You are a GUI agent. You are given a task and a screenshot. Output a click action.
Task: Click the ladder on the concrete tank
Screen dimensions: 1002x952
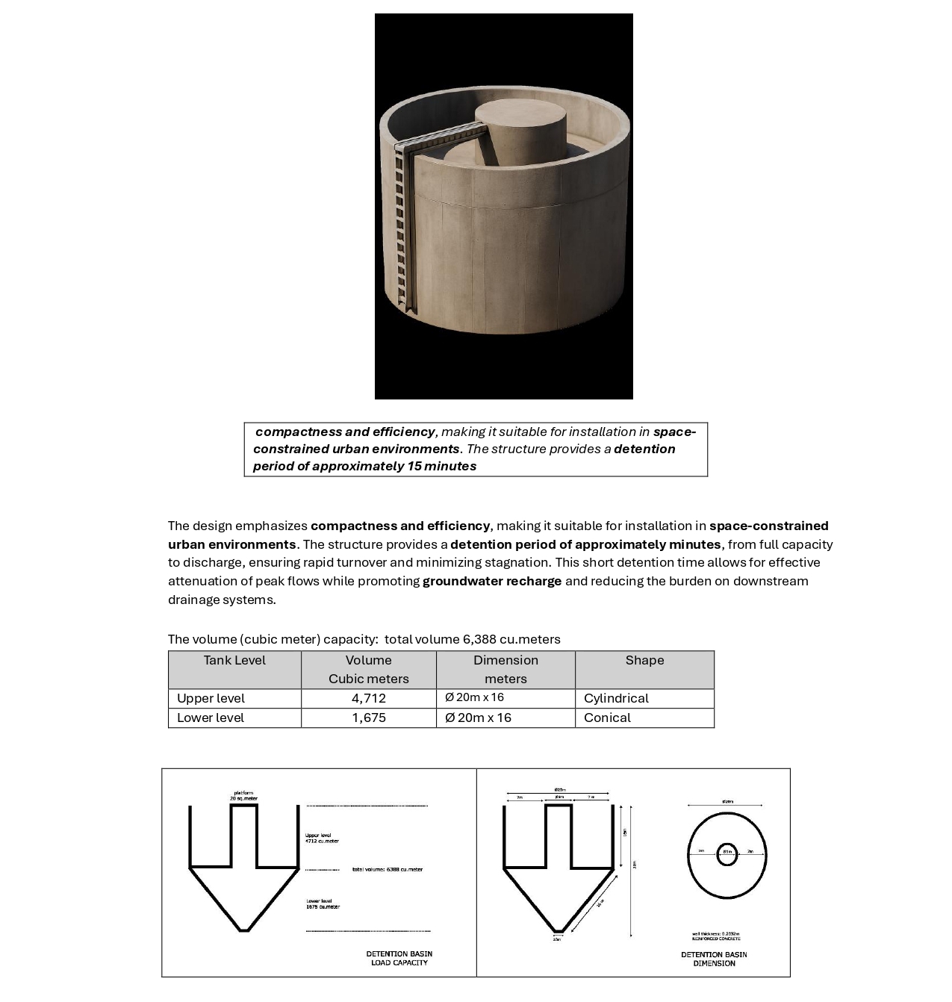point(402,224)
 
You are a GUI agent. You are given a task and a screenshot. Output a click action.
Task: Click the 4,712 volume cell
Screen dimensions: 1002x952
point(369,698)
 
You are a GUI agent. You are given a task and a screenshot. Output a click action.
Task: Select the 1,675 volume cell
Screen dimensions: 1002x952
point(369,718)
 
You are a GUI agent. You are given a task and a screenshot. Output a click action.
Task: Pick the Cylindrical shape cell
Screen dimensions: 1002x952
point(616,698)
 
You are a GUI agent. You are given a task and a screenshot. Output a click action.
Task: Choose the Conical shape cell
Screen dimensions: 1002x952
point(607,718)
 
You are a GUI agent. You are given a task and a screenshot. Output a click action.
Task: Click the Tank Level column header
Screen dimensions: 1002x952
point(234,660)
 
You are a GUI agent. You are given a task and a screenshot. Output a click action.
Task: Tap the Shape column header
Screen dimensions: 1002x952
point(644,660)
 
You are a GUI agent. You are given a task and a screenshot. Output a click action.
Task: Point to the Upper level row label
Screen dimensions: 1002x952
point(211,698)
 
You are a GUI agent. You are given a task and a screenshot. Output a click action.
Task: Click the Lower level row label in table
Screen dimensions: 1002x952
point(211,718)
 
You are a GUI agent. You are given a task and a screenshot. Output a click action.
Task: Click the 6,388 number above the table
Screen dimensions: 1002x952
point(479,639)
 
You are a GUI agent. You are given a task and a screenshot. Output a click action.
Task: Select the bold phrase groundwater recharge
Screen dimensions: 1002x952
point(492,581)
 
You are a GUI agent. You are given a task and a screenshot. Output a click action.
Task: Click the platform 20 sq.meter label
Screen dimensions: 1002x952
point(243,796)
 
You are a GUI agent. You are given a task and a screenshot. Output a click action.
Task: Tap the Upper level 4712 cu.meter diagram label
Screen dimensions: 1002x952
point(321,838)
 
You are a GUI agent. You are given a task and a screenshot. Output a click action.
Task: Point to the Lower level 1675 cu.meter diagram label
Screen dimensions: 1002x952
point(323,904)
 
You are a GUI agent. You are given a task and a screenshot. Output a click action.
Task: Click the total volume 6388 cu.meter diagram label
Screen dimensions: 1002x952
point(387,869)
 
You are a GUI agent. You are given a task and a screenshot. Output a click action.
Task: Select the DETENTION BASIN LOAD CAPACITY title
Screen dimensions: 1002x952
point(399,958)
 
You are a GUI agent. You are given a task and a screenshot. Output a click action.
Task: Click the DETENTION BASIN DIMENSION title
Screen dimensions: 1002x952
point(714,959)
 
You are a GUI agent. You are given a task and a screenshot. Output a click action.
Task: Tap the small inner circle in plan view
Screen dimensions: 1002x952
point(727,855)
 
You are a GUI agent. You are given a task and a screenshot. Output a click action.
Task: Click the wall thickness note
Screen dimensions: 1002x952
point(715,936)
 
